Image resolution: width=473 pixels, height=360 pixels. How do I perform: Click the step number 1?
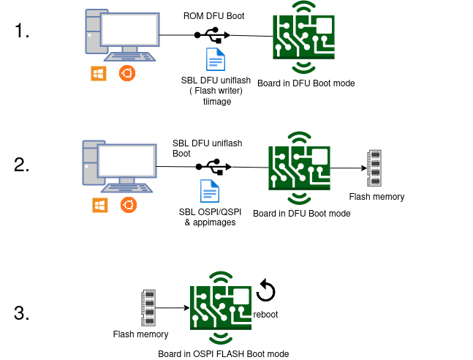tap(21, 31)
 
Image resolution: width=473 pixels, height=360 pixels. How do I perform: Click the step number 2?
tap(22, 165)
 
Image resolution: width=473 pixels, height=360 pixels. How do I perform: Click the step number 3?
tap(22, 314)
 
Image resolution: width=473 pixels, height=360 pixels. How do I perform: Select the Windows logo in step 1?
tap(97, 73)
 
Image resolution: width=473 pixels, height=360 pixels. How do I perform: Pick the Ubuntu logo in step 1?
tap(127, 73)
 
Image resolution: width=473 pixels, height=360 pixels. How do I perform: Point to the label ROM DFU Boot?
tap(213, 15)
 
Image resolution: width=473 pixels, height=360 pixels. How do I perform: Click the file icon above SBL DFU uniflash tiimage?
tap(216, 59)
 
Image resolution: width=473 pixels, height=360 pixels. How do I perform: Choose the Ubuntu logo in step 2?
tap(127, 206)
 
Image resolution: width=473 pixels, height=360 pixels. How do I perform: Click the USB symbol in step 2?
tap(213, 167)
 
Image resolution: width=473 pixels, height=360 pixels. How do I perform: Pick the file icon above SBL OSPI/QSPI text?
tap(211, 192)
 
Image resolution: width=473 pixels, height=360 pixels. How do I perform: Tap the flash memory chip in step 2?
tap(374, 168)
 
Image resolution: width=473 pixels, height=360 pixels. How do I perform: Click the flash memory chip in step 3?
tap(148, 308)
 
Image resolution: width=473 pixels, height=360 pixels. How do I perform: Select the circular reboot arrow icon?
tap(266, 291)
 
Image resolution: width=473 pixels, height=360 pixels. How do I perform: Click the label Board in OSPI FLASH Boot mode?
tap(224, 354)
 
